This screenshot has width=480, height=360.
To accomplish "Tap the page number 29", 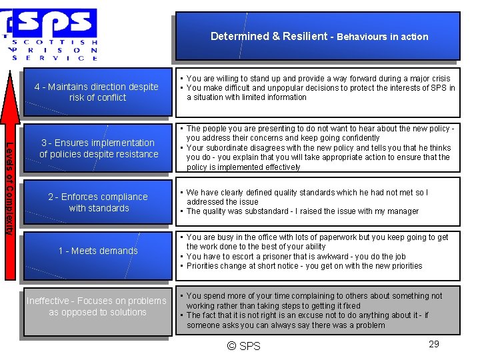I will (x=433, y=344).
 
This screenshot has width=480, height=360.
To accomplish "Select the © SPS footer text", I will (x=243, y=345).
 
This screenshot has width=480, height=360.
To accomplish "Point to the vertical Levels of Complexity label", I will (x=9, y=187).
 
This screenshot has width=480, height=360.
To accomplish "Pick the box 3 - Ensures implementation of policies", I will (x=99, y=148).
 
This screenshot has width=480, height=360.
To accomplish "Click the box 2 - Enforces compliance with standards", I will (x=98, y=202).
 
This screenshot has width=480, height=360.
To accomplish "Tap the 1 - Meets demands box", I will (x=98, y=251).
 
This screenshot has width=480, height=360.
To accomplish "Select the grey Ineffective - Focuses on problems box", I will (x=97, y=307).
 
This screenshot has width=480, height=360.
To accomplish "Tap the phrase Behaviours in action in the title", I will (x=382, y=37).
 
